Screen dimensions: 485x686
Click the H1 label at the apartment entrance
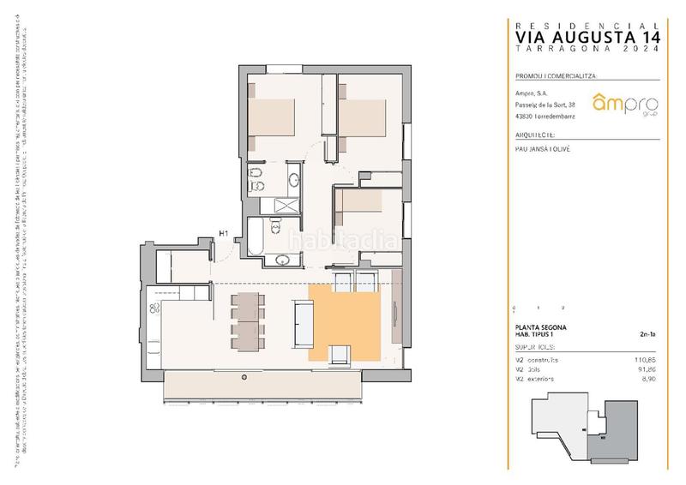pyautogui.click(x=223, y=233)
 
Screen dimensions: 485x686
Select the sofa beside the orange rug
pyautogui.click(x=302, y=323)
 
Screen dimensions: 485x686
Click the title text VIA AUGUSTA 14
pyautogui.click(x=587, y=38)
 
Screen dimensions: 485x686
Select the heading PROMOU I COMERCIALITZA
pyautogui.click(x=556, y=75)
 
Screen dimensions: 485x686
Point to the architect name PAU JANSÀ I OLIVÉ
pyautogui.click(x=544, y=149)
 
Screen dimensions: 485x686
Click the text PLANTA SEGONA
pyautogui.click(x=540, y=328)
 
